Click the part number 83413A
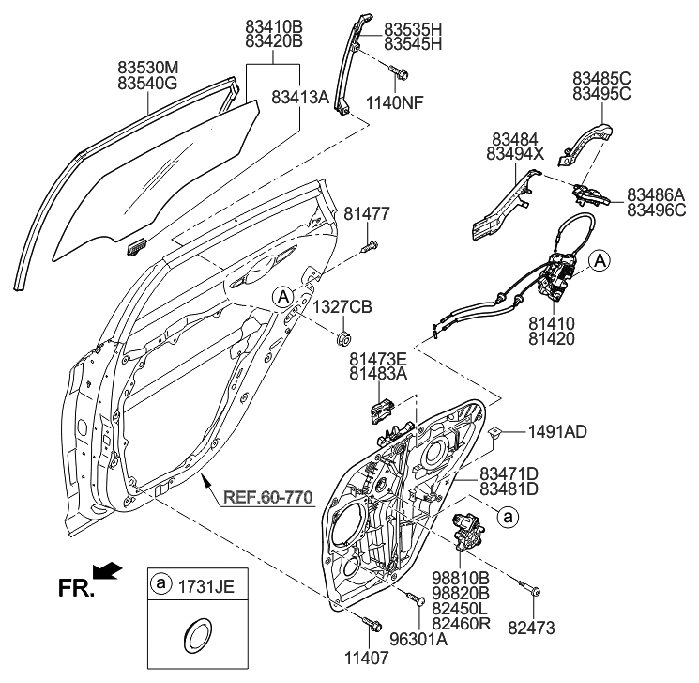[x=300, y=97]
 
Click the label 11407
[x=368, y=658]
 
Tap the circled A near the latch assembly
[x=599, y=260]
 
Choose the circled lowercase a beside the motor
[x=507, y=516]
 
